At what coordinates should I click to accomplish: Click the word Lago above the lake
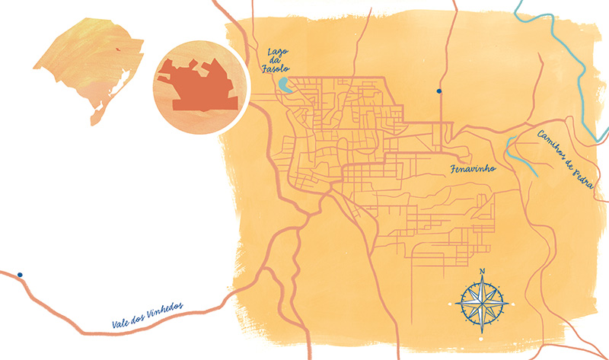(277, 52)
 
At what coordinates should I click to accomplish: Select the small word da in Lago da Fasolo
(276, 62)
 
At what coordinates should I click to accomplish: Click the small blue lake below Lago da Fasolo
(284, 85)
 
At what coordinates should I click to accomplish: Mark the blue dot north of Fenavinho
(439, 91)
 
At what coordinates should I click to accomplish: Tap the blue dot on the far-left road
(20, 275)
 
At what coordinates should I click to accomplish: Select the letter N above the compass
(481, 272)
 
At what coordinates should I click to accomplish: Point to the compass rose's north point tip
(481, 278)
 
